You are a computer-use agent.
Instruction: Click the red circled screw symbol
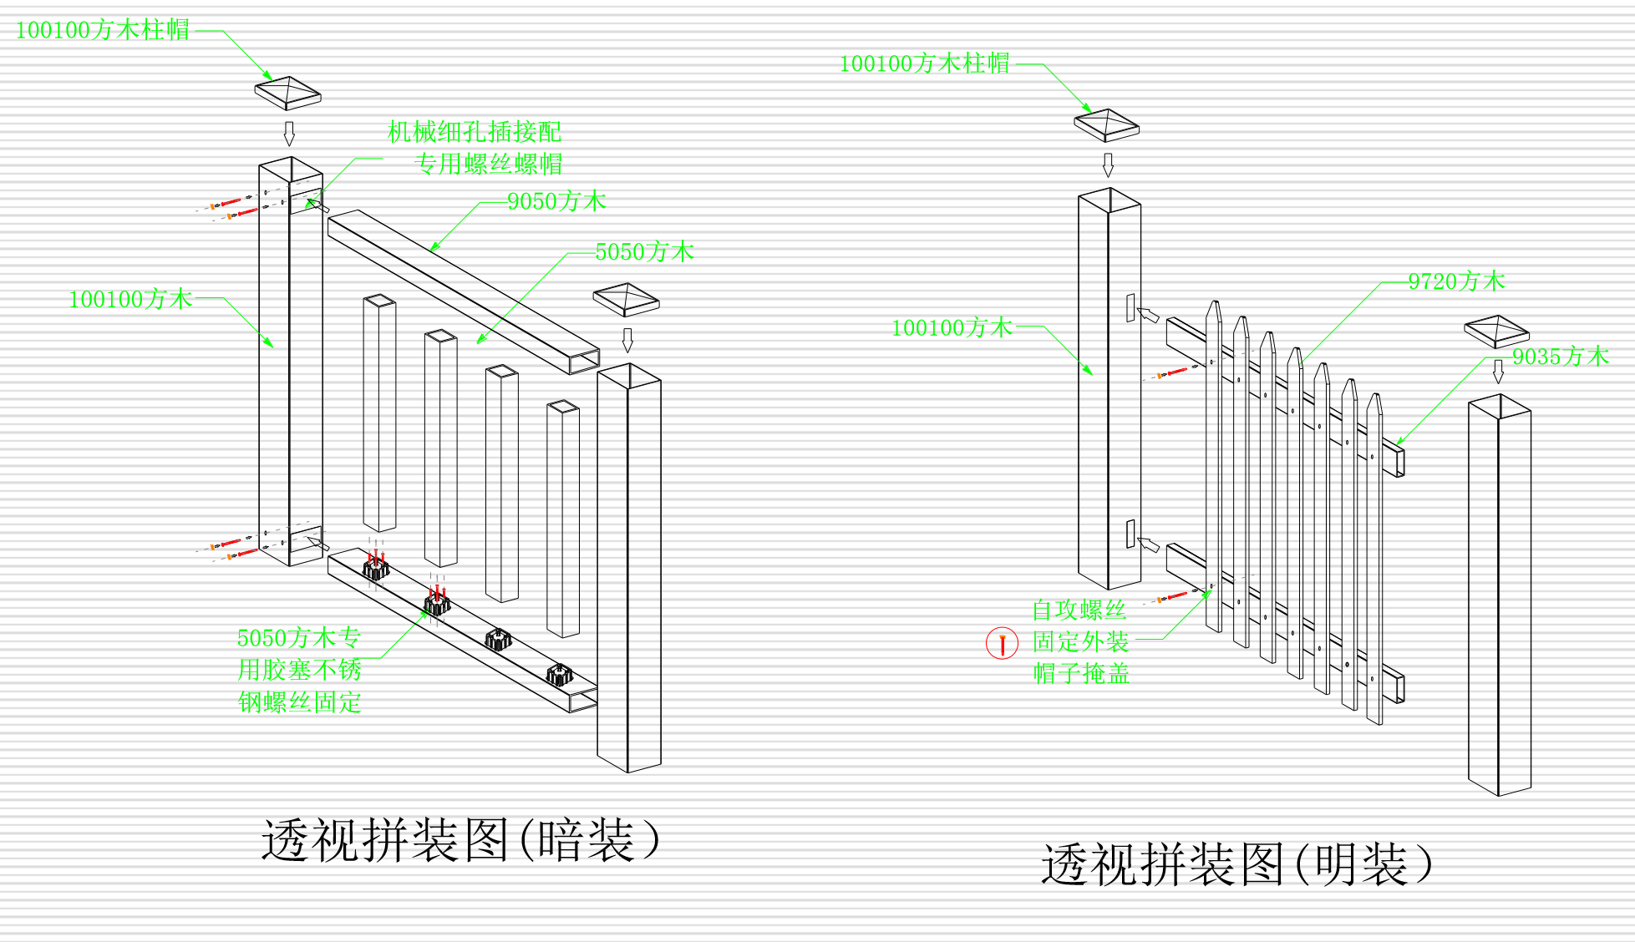point(1002,643)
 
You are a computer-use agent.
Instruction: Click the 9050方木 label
point(556,201)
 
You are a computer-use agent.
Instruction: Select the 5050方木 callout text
point(644,251)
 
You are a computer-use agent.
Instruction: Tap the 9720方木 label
point(1456,281)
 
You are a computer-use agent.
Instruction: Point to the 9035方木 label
point(1560,357)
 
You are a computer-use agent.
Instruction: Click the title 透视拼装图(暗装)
point(460,839)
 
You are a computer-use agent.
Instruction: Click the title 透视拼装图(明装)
point(1236,863)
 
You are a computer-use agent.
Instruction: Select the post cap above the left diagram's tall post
point(287,92)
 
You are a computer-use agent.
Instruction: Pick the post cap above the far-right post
point(1496,331)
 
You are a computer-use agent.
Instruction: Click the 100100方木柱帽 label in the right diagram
point(924,63)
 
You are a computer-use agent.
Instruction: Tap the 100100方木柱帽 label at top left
point(102,30)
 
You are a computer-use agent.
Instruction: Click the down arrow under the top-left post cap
point(289,133)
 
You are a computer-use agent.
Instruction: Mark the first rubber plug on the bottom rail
point(375,570)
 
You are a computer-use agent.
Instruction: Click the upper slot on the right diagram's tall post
point(1130,307)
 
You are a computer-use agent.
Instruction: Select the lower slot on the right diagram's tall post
point(1130,534)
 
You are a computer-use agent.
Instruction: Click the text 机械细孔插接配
point(474,131)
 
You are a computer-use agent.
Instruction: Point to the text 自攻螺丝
point(1079,610)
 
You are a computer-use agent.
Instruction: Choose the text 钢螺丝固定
point(299,701)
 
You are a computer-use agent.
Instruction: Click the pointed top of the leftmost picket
point(1213,310)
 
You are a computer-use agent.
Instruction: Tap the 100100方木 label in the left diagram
point(130,299)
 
